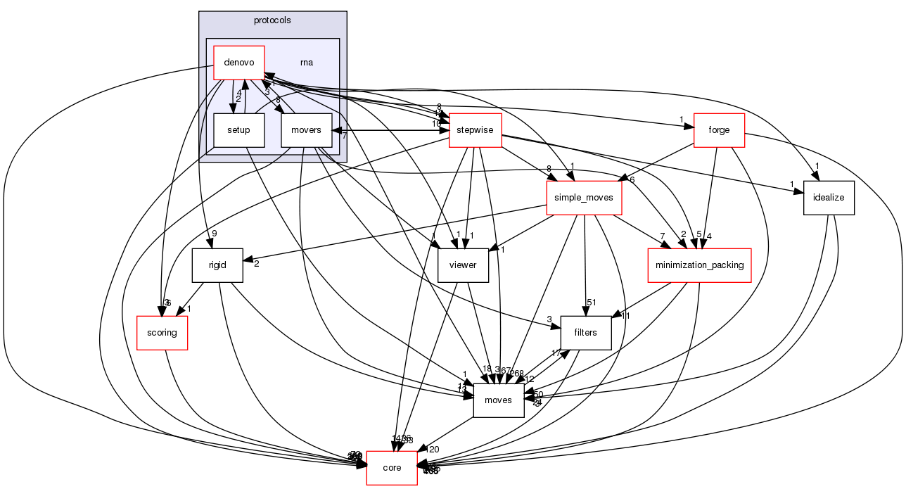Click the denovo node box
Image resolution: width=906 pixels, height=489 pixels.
[238, 63]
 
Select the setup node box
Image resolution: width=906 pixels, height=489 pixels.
[238, 130]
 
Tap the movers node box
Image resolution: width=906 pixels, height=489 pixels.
[306, 130]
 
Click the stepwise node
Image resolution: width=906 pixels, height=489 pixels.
[475, 130]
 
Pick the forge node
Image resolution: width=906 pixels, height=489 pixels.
[719, 130]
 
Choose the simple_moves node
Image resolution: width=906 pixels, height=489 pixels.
[584, 198]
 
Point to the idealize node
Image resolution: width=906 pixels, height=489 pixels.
[829, 198]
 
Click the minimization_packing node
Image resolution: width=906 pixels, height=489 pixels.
[699, 265]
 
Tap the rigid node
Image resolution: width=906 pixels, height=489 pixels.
[217, 265]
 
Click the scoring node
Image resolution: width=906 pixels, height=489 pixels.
[162, 333]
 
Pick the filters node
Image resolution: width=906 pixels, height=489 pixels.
[585, 333]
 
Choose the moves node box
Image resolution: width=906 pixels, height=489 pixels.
[499, 400]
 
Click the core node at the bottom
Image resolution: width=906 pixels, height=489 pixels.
[392, 468]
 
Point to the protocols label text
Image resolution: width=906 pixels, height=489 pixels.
[272, 20]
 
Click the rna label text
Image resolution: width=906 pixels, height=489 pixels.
[307, 63]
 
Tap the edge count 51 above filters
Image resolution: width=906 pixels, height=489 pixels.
[592, 303]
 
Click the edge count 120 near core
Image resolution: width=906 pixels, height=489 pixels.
[433, 450]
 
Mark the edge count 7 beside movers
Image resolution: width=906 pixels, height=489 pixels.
[345, 135]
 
